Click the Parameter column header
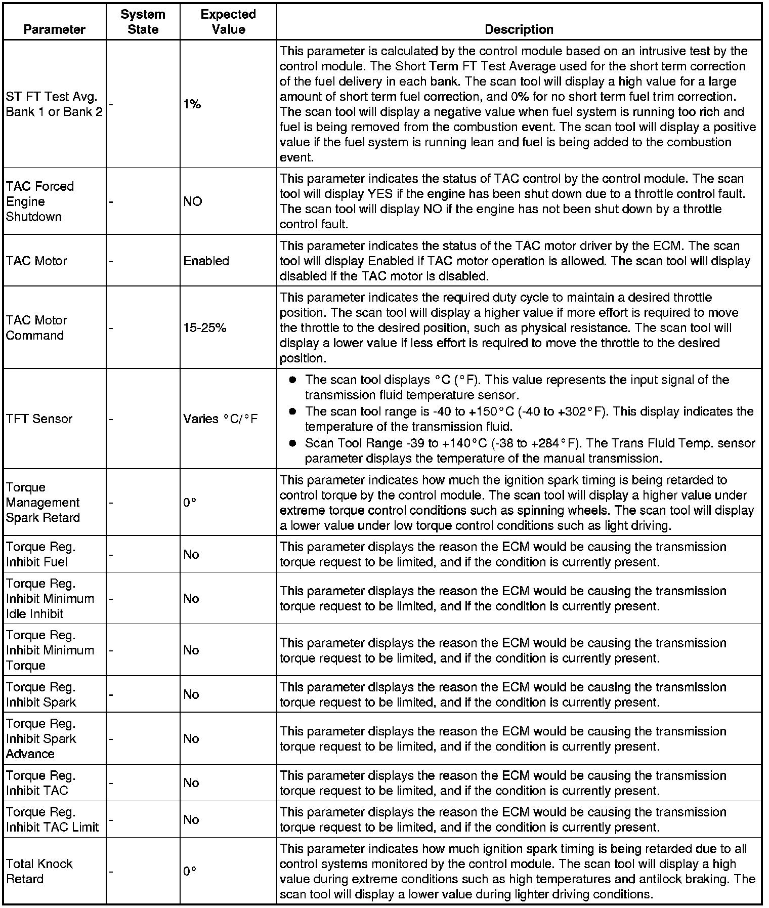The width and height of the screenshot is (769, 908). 54,29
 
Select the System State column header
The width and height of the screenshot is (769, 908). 143,22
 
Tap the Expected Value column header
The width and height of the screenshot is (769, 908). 228,22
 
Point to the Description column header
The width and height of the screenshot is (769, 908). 519,29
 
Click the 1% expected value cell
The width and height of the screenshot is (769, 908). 192,104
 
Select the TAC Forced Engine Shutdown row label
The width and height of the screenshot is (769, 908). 40,201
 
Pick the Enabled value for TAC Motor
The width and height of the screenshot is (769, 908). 206,261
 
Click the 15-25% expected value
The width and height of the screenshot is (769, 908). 204,328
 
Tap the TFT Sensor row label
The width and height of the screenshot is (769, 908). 39,419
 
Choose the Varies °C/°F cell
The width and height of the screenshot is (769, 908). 221,419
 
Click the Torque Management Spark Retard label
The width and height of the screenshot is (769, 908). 43,503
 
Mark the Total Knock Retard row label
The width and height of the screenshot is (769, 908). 39,871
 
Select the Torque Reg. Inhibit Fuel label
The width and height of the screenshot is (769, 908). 40,554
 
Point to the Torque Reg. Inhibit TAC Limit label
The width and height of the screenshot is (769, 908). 52,819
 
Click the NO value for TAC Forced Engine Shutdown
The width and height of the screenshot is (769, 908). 192,201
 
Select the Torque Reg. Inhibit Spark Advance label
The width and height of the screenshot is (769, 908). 41,738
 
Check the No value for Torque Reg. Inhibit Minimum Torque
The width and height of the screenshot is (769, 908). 191,650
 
